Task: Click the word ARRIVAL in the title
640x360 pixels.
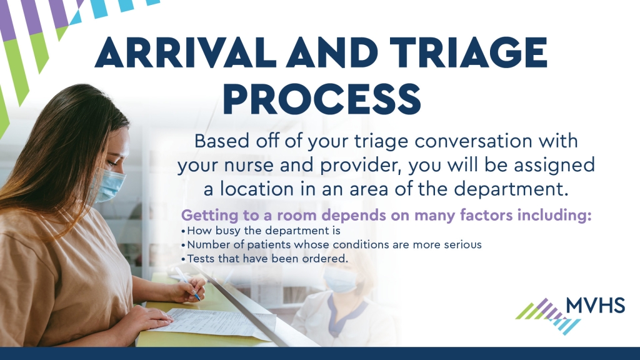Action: click(x=186, y=53)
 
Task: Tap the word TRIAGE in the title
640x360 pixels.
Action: click(x=469, y=53)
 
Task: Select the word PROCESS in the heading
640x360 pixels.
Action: click(x=322, y=99)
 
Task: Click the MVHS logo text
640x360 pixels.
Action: click(x=596, y=305)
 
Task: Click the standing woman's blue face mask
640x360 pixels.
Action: click(x=109, y=186)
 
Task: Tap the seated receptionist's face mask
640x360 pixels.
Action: click(x=339, y=279)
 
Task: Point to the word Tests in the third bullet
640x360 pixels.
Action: click(x=201, y=259)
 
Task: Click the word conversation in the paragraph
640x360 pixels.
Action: click(x=474, y=141)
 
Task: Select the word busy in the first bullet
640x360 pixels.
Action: click(x=228, y=231)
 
